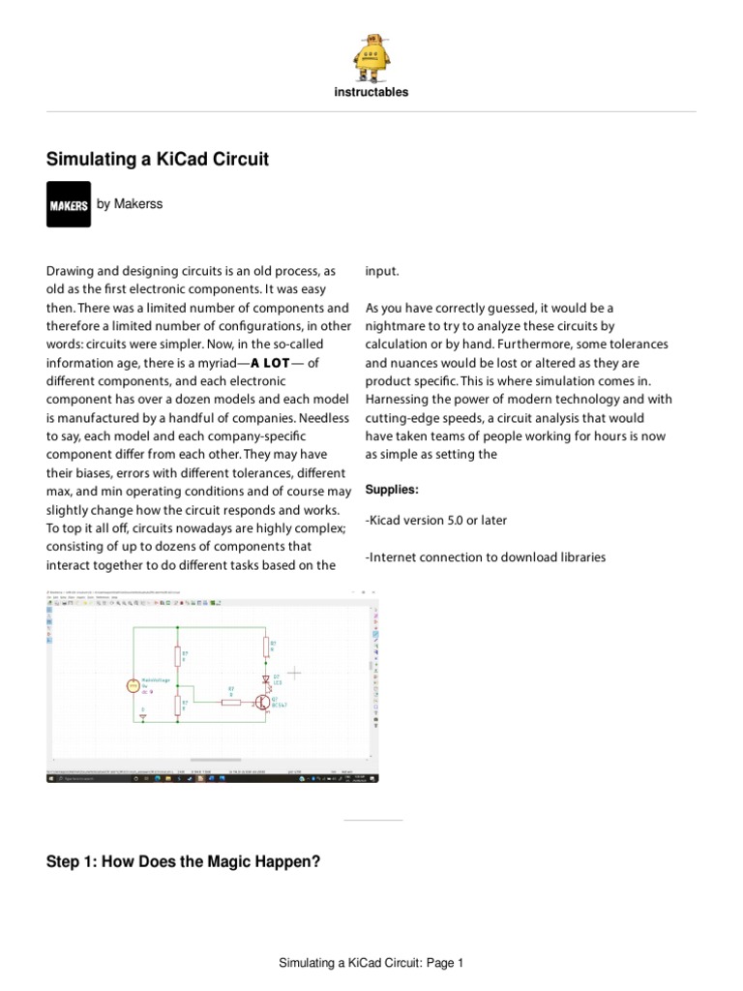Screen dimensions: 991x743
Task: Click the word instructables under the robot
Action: tap(371, 93)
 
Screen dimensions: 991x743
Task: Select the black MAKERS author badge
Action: tap(69, 204)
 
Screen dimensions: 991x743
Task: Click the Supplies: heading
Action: tap(392, 490)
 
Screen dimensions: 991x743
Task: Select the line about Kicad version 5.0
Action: tap(435, 521)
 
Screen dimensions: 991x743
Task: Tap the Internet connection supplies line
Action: tap(485, 557)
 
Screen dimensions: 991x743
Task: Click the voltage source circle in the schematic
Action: tap(133, 686)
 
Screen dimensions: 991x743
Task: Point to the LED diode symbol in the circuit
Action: tap(265, 679)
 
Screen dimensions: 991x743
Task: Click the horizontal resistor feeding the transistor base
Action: tap(231, 702)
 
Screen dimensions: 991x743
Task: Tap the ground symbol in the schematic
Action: tap(143, 717)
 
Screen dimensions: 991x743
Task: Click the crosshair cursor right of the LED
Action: tap(294, 671)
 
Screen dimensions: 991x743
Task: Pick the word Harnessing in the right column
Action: tap(398, 400)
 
